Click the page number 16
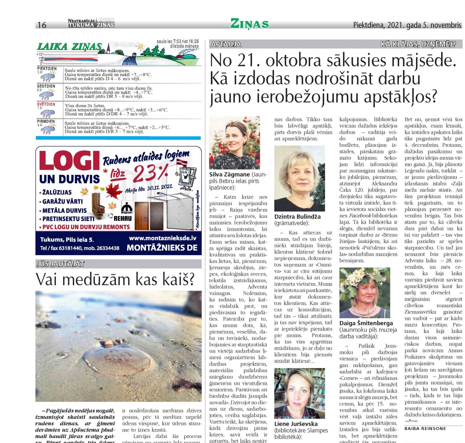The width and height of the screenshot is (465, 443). (42, 25)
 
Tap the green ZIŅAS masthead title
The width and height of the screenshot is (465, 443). (249, 24)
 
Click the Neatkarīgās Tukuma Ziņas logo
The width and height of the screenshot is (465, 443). (91, 23)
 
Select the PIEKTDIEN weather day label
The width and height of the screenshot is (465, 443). (47, 69)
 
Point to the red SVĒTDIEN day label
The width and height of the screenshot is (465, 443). (46, 104)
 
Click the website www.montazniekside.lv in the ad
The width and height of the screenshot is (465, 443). (162, 238)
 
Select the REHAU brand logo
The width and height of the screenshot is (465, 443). (122, 218)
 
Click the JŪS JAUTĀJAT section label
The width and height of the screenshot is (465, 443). (60, 264)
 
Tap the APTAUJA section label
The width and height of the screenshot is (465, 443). (226, 44)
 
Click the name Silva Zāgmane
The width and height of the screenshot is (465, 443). (230, 175)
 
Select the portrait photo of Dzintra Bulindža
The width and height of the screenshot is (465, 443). (299, 179)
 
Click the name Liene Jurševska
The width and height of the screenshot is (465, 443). (296, 424)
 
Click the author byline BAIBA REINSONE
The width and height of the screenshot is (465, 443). (425, 428)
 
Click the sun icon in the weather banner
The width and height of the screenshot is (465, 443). (141, 47)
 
